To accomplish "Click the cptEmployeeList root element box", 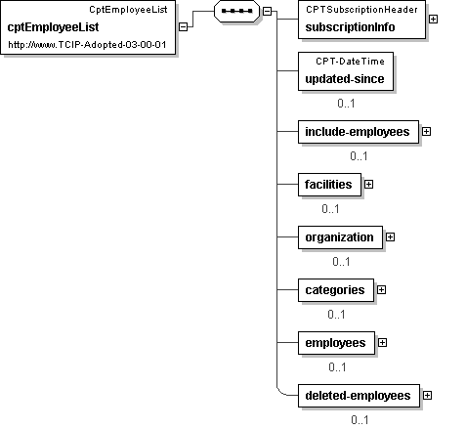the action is coord(88,27).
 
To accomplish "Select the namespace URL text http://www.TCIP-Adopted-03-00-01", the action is coord(87,45).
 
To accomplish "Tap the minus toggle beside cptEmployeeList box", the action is coord(184,26).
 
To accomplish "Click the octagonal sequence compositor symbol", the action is coord(236,11).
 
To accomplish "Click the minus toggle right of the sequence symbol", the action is coord(267,11).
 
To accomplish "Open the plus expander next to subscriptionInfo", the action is coord(433,20).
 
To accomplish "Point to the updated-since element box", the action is coord(346,71).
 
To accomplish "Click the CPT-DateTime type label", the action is coord(350,62).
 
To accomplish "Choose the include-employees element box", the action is coord(359,132).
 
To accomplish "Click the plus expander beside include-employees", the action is coord(426,132).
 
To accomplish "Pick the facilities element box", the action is coord(329,185).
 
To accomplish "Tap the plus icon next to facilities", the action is coord(368,185).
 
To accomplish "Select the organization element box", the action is coord(340,237).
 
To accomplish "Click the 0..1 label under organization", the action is coord(341,262).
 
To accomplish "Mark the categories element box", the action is coord(336,290).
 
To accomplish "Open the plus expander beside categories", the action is coord(381,290).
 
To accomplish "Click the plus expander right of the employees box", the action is coord(382,343).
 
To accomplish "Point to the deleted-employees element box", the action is coord(359,396).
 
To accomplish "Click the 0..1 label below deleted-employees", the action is coord(360,420).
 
